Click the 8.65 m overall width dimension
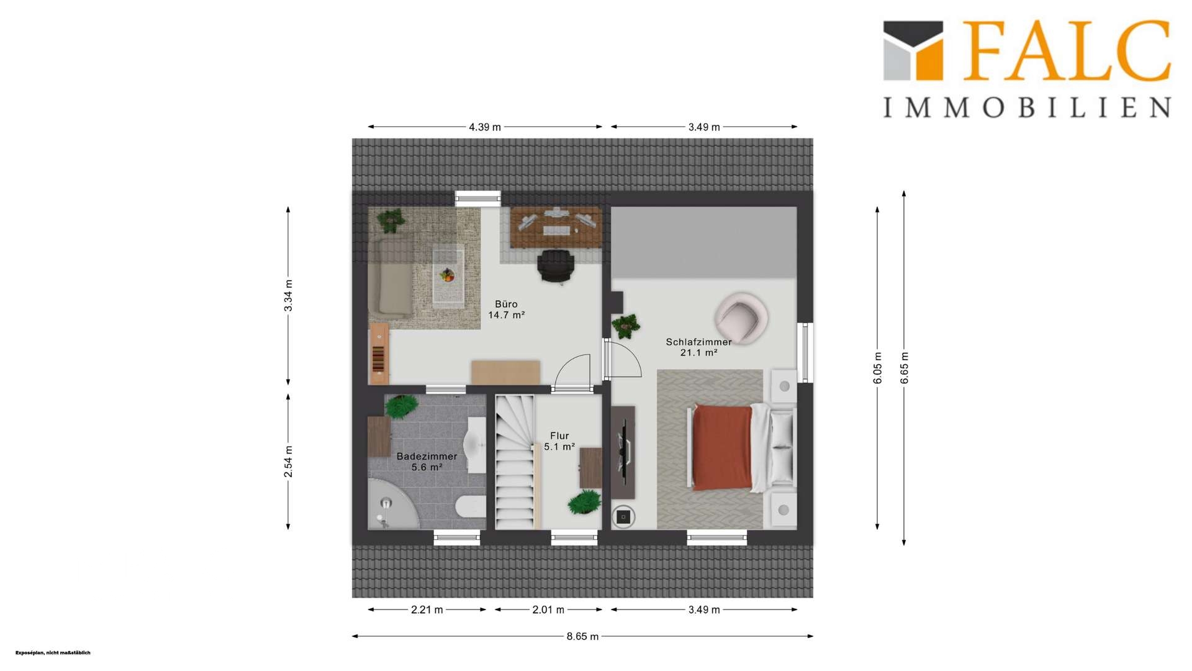pos(582,636)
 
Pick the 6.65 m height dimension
pos(904,368)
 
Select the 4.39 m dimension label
pos(485,127)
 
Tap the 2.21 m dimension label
pos(427,609)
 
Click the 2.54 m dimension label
pos(288,462)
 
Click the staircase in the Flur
pos(515,462)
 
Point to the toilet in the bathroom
pos(471,506)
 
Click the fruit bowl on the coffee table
pos(448,274)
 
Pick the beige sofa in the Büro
pos(390,276)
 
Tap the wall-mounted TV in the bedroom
pos(624,452)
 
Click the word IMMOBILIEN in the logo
pos(1027,107)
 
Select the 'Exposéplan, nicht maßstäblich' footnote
pos(53,653)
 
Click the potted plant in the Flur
pos(584,502)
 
